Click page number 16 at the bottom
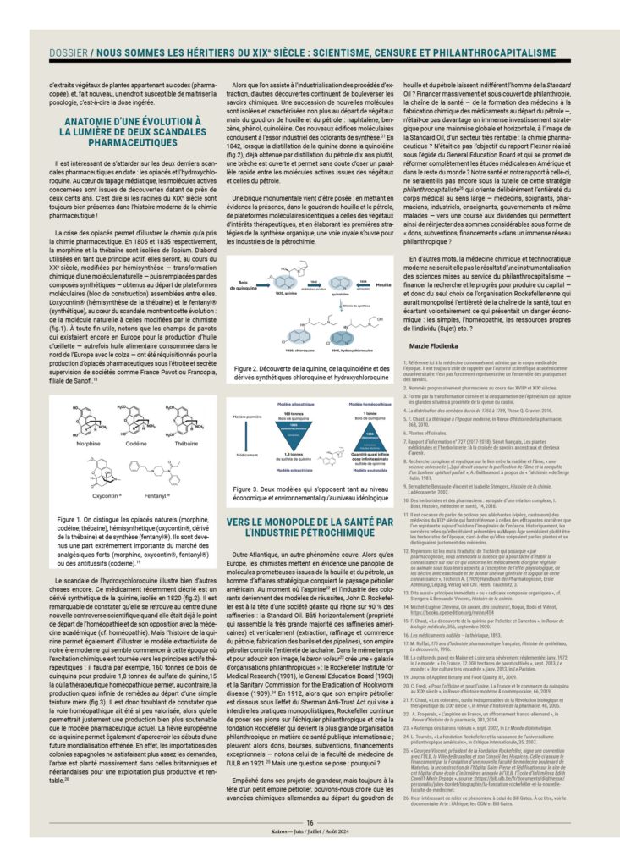(310, 847)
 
